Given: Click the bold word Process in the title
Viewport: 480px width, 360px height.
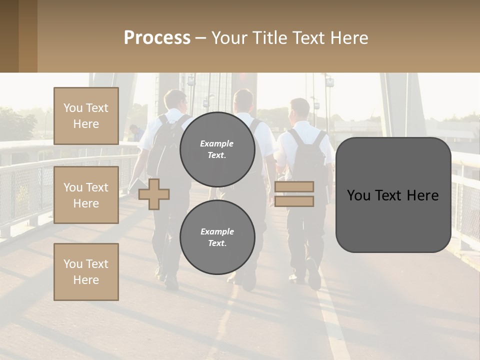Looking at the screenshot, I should pyautogui.click(x=157, y=38).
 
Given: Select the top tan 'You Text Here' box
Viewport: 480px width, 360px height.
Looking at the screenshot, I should pyautogui.click(x=86, y=116).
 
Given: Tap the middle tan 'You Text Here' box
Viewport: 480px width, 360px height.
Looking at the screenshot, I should pyautogui.click(x=86, y=195).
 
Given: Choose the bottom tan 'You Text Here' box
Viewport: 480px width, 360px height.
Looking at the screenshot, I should pyautogui.click(x=86, y=271).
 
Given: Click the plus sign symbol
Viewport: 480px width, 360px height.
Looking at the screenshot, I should pyautogui.click(x=153, y=194).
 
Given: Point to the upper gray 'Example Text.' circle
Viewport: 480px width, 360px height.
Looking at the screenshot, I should pyautogui.click(x=217, y=149).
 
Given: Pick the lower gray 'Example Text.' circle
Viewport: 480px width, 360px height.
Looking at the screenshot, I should pyautogui.click(x=217, y=237).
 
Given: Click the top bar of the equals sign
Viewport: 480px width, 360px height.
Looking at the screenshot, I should pyautogui.click(x=294, y=186).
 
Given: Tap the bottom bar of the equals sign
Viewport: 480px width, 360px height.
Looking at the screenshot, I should pyautogui.click(x=294, y=201).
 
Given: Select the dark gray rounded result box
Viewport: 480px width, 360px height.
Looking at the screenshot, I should pyautogui.click(x=393, y=195).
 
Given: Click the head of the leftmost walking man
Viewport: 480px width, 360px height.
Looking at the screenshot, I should pyautogui.click(x=175, y=100).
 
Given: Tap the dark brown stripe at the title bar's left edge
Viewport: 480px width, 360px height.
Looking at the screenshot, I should pyautogui.click(x=9, y=36).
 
